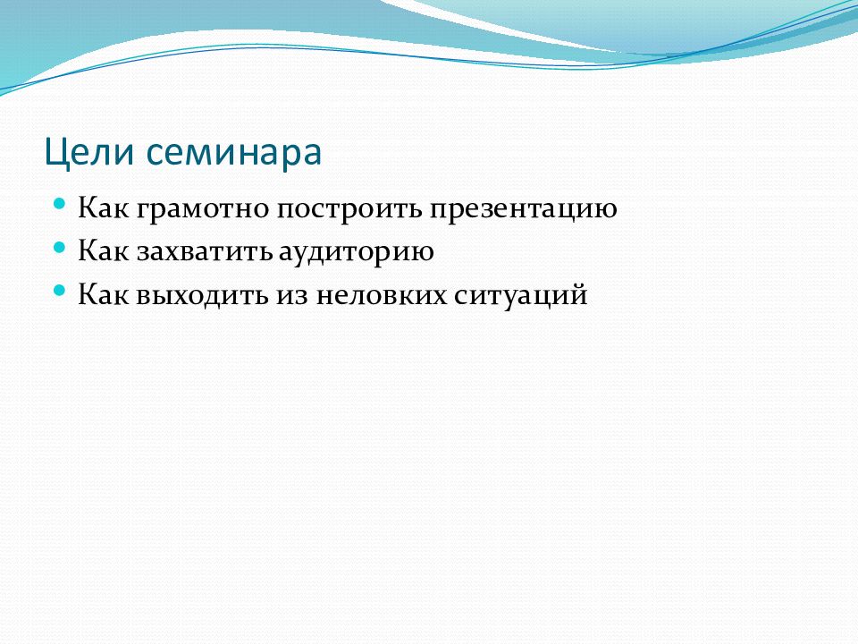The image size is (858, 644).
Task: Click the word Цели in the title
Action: point(89,153)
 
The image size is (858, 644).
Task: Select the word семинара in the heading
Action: point(234,153)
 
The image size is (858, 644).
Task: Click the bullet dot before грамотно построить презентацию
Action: point(60,204)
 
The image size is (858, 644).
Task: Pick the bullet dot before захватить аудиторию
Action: point(60,247)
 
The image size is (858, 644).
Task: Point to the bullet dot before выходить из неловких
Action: point(60,290)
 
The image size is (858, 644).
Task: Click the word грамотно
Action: point(203,210)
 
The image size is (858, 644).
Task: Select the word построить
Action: point(349,210)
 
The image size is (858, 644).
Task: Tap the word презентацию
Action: point(523,210)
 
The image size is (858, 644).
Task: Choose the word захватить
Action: point(204,253)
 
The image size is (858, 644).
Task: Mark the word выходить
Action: point(202,296)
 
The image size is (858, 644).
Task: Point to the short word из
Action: point(293,297)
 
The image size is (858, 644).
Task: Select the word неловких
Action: point(382,297)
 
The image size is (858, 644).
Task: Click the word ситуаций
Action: point(521,297)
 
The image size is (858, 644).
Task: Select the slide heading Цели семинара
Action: point(183,153)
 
